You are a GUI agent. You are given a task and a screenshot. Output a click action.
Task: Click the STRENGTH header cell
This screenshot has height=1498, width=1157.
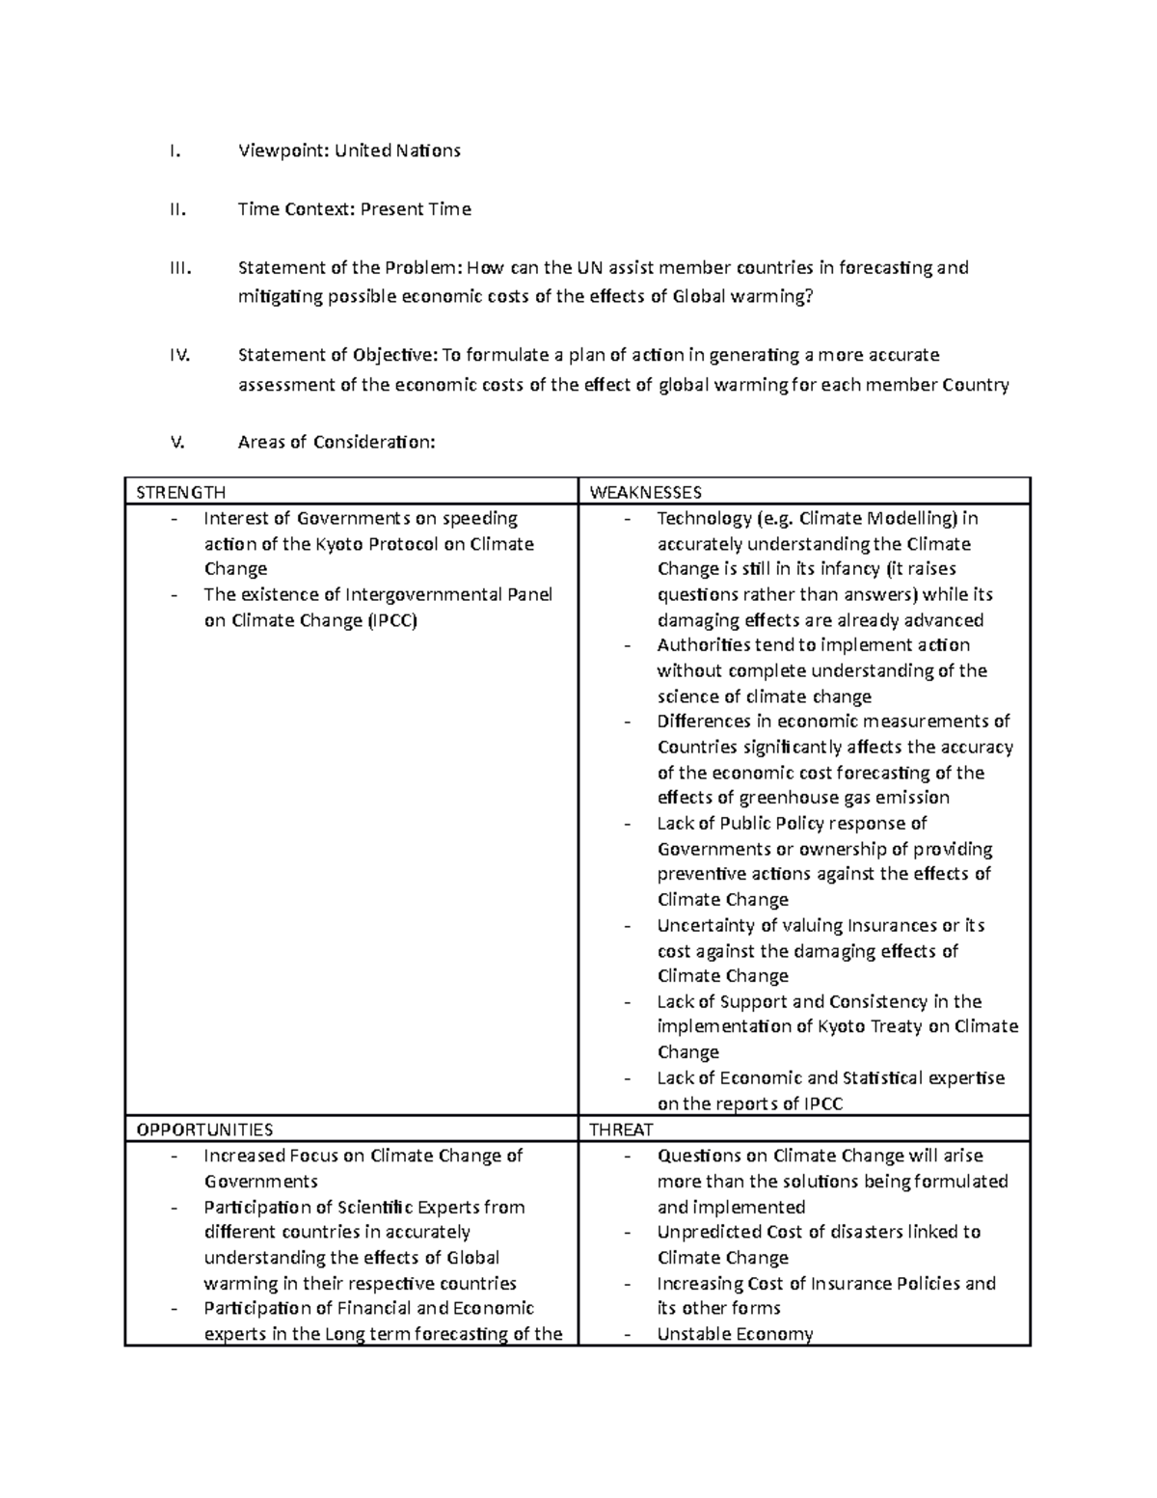(181, 493)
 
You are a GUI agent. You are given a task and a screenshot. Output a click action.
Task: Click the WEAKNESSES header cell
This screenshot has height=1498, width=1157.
(645, 493)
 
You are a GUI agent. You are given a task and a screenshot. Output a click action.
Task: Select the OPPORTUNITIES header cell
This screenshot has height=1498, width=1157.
(204, 1130)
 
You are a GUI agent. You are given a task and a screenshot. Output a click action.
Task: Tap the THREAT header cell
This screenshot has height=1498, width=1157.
(621, 1130)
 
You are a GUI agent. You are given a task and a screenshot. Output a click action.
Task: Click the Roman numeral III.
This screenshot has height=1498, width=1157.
(180, 267)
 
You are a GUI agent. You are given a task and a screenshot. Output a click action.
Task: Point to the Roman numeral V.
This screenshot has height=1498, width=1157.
(175, 443)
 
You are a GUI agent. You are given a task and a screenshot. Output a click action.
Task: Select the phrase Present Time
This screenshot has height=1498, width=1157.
(416, 209)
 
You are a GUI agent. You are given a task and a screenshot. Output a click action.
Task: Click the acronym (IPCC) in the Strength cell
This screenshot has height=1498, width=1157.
(392, 620)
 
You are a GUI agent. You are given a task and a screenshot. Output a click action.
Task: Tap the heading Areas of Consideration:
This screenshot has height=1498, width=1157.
(336, 443)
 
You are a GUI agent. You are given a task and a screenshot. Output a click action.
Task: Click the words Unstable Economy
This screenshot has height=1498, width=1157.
(735, 1334)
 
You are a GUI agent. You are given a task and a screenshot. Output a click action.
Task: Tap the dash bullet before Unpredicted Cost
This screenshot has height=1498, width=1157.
(629, 1233)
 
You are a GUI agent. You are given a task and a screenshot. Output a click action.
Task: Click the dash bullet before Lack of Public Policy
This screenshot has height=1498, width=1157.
(629, 824)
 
